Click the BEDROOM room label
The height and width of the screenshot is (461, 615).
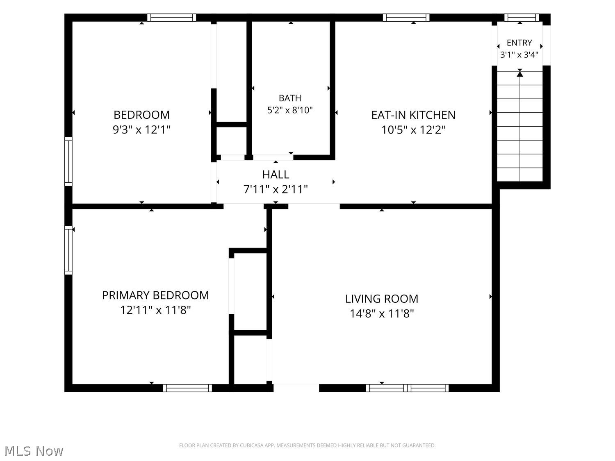(141, 115)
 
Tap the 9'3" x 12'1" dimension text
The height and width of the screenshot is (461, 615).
(141, 129)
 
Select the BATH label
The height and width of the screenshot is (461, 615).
(290, 98)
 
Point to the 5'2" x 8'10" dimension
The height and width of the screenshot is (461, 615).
(290, 110)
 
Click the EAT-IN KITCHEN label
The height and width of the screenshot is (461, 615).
(413, 115)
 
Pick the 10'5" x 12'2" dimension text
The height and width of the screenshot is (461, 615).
(413, 130)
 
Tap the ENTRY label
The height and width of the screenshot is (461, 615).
(519, 43)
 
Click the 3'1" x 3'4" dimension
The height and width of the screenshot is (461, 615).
(519, 55)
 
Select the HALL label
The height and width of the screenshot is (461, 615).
(276, 175)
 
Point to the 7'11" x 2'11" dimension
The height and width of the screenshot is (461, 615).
(276, 189)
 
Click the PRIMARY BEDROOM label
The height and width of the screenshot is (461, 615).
(155, 295)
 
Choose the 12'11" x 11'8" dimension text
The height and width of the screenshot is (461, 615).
(155, 310)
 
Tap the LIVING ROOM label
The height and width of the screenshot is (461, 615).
(382, 299)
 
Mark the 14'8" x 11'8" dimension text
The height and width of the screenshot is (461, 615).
(382, 314)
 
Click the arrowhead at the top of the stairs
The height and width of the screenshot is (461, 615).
(520, 74)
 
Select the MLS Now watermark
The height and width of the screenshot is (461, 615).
(34, 451)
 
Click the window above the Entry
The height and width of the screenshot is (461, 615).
(522, 17)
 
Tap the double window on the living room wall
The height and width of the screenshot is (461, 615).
(407, 388)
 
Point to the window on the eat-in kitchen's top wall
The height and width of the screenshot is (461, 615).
(406, 17)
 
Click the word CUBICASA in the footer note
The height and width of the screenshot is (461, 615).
(251, 445)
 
